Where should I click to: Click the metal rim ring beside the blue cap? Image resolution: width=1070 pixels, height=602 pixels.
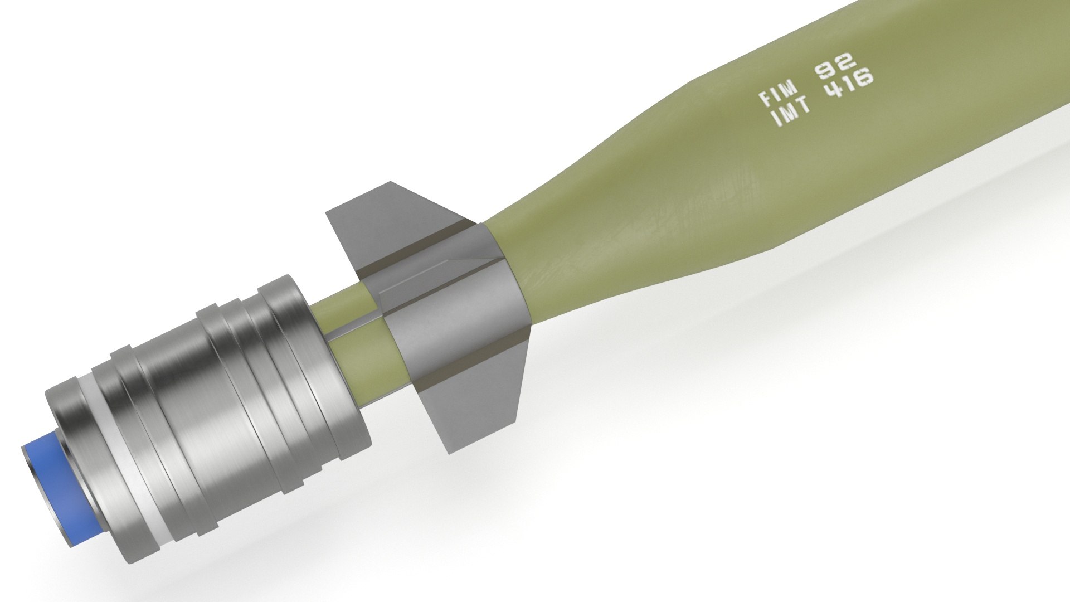(x=81, y=446)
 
